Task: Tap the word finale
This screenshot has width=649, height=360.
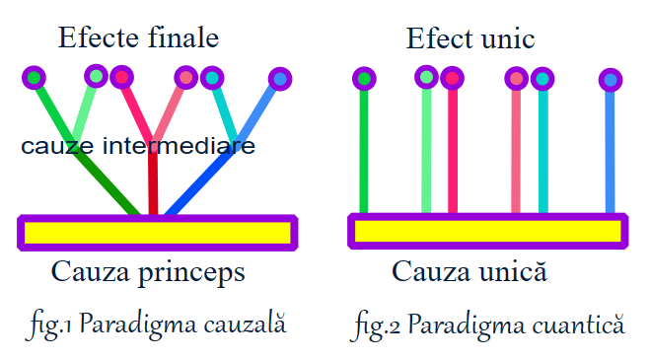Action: [x=181, y=38]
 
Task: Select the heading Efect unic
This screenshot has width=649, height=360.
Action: [x=470, y=39]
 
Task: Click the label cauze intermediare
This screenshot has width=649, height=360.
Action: [x=138, y=147]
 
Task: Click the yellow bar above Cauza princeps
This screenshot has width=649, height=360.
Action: [x=158, y=233]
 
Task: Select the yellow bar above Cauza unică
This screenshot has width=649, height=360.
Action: [x=487, y=231]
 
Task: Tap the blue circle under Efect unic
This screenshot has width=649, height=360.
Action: [x=611, y=80]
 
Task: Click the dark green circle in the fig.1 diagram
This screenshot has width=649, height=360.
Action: [x=35, y=77]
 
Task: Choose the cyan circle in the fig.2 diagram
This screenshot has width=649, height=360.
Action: [x=541, y=78]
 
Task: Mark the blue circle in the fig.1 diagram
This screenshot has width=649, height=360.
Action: [x=279, y=78]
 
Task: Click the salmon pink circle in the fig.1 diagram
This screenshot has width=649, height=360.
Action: [x=185, y=76]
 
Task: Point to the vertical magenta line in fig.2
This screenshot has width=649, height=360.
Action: [x=453, y=148]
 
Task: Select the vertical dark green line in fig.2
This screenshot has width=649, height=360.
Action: [x=364, y=148]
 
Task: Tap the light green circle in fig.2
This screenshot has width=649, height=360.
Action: [x=427, y=76]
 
